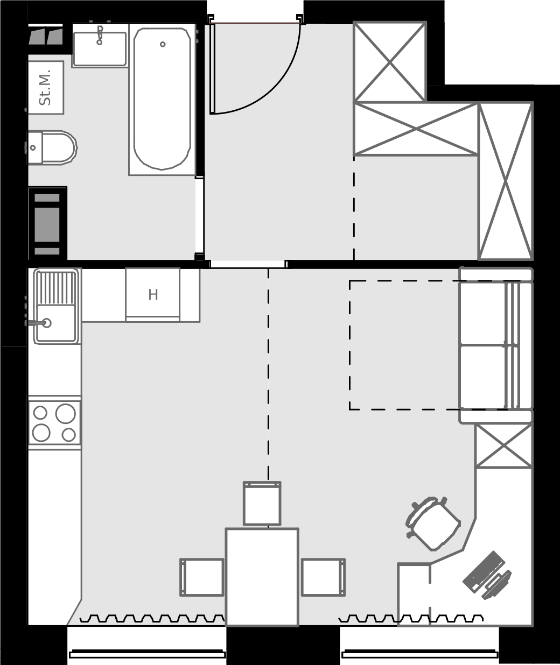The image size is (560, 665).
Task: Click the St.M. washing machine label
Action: pyautogui.click(x=45, y=87)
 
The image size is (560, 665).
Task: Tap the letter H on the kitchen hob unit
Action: pyautogui.click(x=153, y=295)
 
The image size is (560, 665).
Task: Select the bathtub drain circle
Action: pyautogui.click(x=163, y=44)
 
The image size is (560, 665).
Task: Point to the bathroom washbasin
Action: pyautogui.click(x=100, y=49)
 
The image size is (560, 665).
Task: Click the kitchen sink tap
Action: pyautogui.click(x=38, y=323)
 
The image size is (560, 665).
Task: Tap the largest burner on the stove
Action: pyautogui.click(x=65, y=414)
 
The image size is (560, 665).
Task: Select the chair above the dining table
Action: pyautogui.click(x=262, y=504)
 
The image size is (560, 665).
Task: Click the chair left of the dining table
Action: pyautogui.click(x=202, y=577)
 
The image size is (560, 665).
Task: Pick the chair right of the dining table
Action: pyautogui.click(x=323, y=577)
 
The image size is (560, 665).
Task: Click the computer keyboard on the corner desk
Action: pyautogui.click(x=484, y=572)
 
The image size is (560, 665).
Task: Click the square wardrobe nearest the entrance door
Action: pyautogui.click(x=390, y=62)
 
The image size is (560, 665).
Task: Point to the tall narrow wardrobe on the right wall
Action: pyautogui.click(x=506, y=181)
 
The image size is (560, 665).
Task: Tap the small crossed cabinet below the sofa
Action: pyautogui.click(x=503, y=446)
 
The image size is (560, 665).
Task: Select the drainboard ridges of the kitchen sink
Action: pyautogui.click(x=56, y=288)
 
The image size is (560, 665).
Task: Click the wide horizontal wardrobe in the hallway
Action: pyautogui.click(x=416, y=129)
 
